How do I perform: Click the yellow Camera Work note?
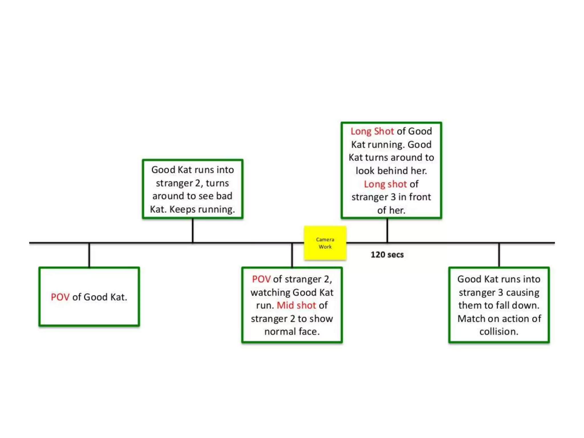(325, 243)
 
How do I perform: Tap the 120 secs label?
(387, 255)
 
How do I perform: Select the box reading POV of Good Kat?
(89, 297)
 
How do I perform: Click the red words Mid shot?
(296, 305)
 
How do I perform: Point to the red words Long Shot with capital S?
(372, 131)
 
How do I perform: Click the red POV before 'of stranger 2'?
(261, 279)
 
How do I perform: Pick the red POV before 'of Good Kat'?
(60, 297)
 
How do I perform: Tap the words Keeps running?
(202, 210)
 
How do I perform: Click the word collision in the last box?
(499, 332)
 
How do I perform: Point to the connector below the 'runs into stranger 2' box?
(193, 230)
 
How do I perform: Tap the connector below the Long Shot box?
(387, 230)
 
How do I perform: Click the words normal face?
(292, 332)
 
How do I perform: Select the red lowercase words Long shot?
(385, 184)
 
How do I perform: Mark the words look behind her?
(391, 171)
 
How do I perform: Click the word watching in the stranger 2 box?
(270, 293)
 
